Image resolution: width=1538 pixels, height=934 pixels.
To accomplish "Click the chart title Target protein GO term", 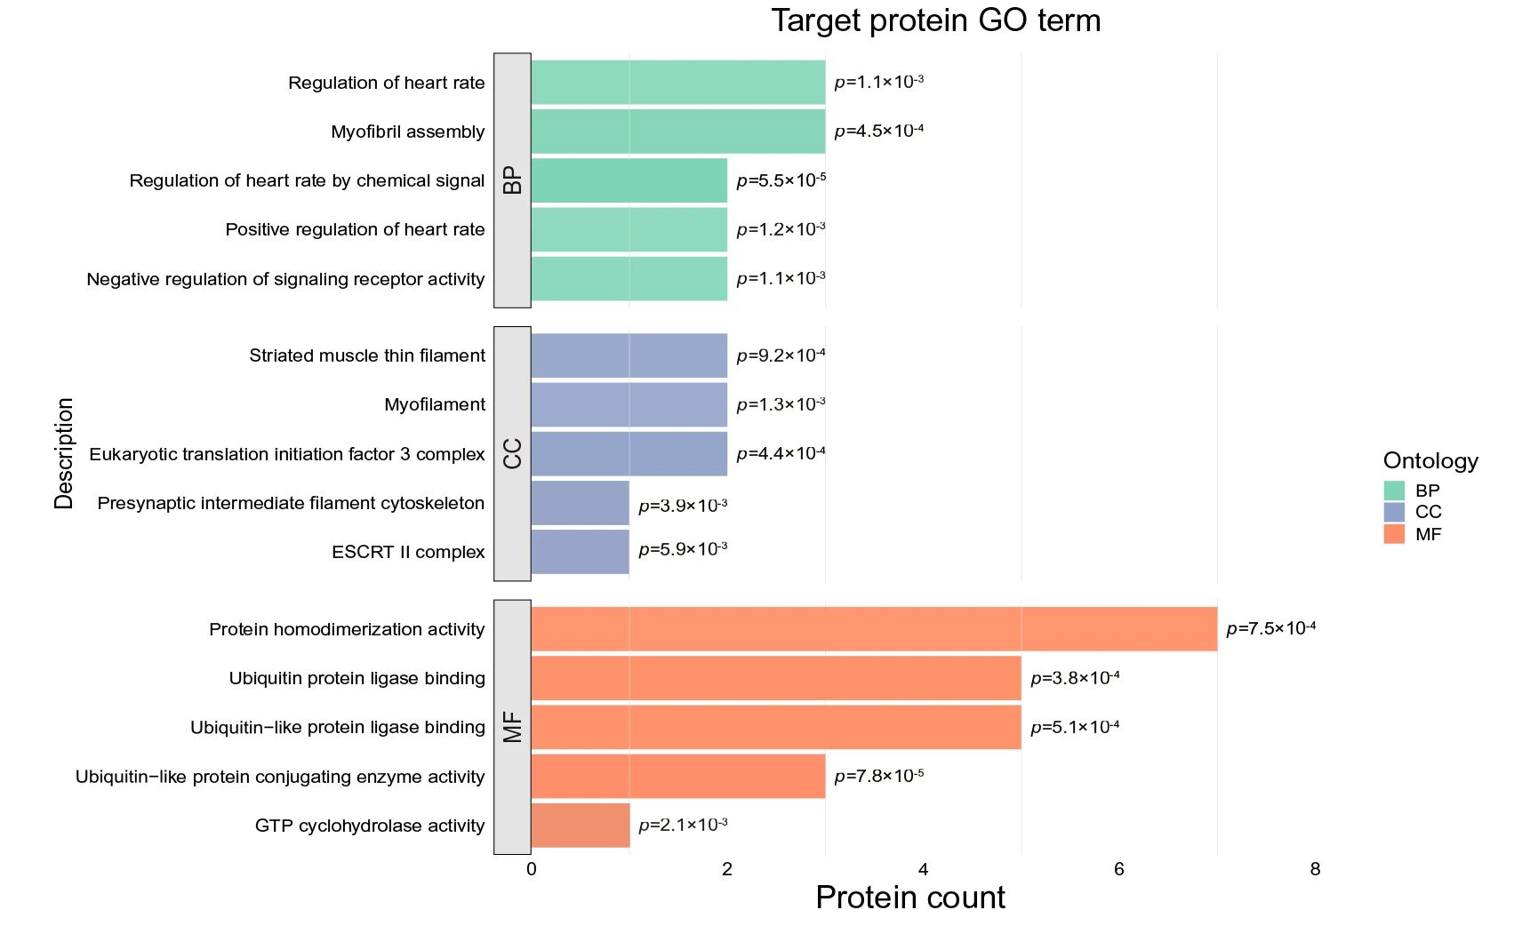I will (935, 20).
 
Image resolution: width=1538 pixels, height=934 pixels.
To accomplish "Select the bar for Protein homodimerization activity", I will (873, 629).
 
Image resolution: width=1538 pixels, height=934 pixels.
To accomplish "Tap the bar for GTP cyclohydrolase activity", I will (580, 826).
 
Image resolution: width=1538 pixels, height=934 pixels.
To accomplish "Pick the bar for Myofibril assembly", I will (677, 132).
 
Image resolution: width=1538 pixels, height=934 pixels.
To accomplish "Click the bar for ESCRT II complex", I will (580, 552).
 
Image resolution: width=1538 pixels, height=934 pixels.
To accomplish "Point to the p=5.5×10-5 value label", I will (781, 180).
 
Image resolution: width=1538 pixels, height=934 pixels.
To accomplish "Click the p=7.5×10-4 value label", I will (1270, 629).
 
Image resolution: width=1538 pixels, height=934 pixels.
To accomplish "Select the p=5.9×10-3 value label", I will (683, 549).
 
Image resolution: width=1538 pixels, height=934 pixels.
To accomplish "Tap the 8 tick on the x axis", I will (1315, 869).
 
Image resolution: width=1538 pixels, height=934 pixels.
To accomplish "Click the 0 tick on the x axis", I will (532, 869).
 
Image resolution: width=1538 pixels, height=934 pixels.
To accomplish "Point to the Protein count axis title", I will (909, 898).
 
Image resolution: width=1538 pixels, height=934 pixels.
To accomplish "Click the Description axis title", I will (64, 453).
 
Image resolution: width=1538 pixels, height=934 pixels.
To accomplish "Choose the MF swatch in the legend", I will (1394, 534).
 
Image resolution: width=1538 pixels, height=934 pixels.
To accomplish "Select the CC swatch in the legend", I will (1394, 512).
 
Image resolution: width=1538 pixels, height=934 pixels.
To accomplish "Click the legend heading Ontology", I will (1430, 460).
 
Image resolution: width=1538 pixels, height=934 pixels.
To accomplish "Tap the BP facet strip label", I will (512, 180).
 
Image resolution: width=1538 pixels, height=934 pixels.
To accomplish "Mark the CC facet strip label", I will (512, 453).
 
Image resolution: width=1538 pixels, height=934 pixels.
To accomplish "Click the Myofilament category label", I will (435, 404).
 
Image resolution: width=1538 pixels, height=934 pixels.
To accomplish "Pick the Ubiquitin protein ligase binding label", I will (356, 678).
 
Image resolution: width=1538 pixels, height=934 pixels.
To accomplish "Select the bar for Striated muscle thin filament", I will (629, 355).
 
